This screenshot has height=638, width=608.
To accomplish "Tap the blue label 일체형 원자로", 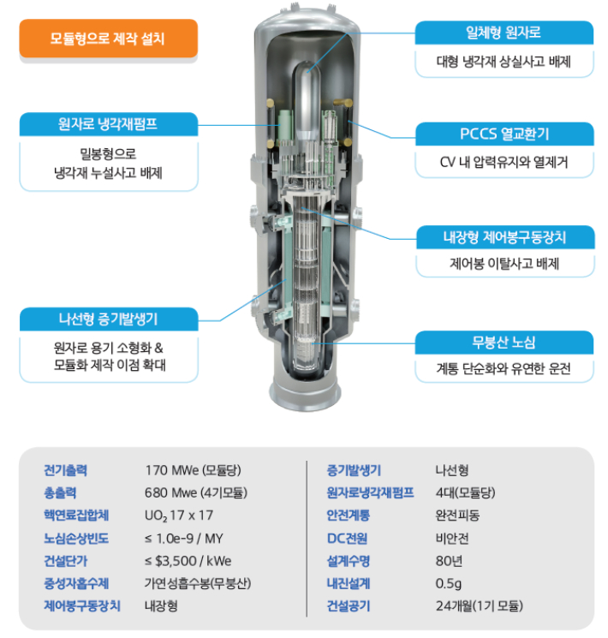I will [504, 33].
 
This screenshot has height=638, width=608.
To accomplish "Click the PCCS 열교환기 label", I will [504, 134].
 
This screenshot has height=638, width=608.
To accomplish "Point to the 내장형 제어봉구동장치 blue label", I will [504, 236].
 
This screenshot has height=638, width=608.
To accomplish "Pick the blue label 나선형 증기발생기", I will [108, 319].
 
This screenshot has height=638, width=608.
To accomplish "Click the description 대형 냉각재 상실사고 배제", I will [504, 63].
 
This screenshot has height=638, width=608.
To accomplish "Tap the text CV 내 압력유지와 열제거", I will [504, 164].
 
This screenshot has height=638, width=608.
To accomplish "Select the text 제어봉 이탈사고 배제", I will [504, 264].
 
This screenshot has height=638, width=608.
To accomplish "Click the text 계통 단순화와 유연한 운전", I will [504, 370].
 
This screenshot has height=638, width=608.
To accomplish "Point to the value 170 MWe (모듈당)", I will [192, 470].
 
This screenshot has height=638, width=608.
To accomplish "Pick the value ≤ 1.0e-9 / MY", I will [186, 538].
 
